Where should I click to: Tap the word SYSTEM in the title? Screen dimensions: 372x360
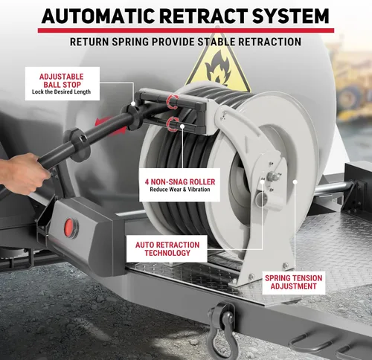[291, 16]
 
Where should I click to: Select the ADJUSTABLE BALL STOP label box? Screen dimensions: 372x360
[62, 84]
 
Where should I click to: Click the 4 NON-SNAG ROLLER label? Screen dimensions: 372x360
[179, 184]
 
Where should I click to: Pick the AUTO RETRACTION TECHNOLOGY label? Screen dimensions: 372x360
[167, 248]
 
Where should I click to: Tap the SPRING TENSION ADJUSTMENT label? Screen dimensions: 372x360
[294, 282]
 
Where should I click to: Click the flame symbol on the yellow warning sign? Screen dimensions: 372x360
[218, 67]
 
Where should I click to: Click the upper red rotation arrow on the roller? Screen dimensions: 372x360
[173, 101]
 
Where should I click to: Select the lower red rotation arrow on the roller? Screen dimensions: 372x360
[173, 124]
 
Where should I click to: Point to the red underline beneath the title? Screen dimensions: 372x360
[186, 30]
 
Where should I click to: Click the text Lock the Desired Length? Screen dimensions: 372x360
[61, 92]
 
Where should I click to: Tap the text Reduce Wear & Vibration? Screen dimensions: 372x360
[180, 190]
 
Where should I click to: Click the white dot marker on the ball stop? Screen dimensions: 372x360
[133, 103]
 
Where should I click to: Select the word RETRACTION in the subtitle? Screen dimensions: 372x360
[270, 42]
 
